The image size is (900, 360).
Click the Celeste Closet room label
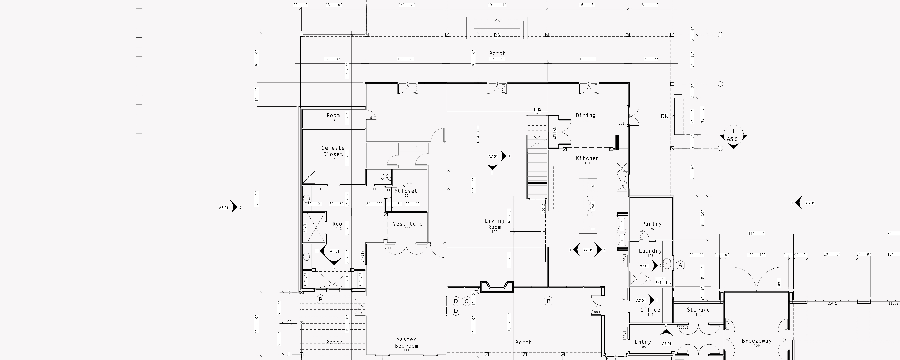point(333,151)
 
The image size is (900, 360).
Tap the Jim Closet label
point(407,188)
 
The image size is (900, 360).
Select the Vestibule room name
point(407,224)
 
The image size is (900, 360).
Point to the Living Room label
point(494,224)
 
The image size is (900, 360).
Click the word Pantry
point(652,224)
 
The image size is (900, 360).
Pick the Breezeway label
point(756,341)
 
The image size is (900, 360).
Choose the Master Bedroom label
point(406,342)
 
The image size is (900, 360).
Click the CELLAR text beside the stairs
point(554,133)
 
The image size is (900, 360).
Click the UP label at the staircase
point(537,110)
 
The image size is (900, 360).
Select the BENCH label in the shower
point(305,228)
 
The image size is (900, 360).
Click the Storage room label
point(698,310)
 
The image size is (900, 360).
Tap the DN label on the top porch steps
point(497,36)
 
